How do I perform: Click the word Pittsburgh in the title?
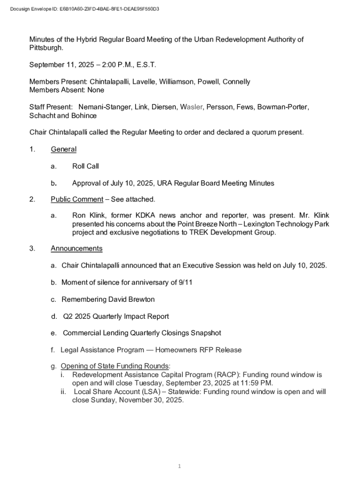pyautogui.click(x=45, y=48)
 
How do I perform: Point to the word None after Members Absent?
pyautogui.click(x=95, y=90)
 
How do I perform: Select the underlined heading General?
pyautogui.click(x=63, y=149)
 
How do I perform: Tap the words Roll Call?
pyautogui.click(x=85, y=166)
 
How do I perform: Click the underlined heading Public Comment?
pyautogui.click(x=77, y=199)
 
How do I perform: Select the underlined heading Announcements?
pyautogui.click(x=76, y=249)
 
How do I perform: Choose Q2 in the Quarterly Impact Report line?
pyautogui.click(x=68, y=316)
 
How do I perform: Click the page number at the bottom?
pyautogui.click(x=180, y=467)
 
